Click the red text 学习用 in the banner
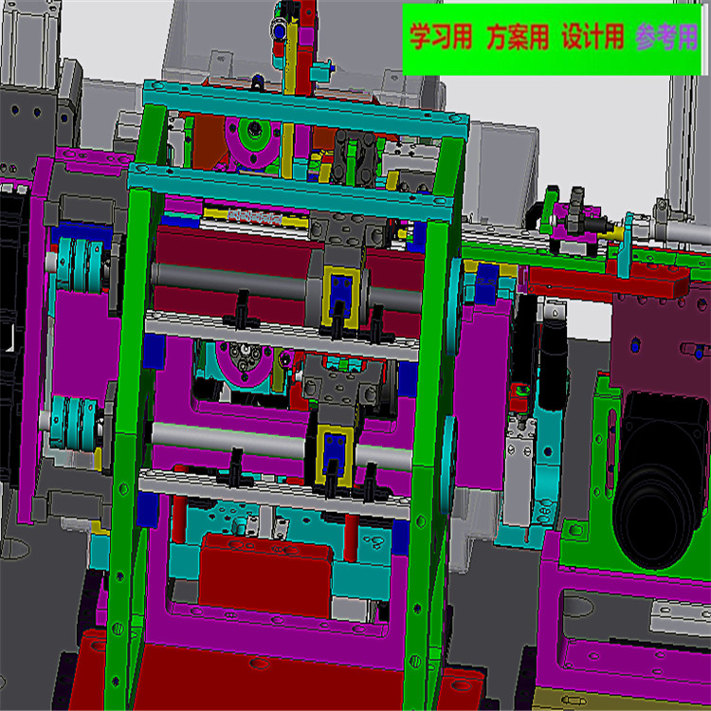(440, 39)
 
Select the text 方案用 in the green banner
(518, 39)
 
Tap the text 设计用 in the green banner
(592, 39)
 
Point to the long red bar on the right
(607, 281)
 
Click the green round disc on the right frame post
(453, 285)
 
